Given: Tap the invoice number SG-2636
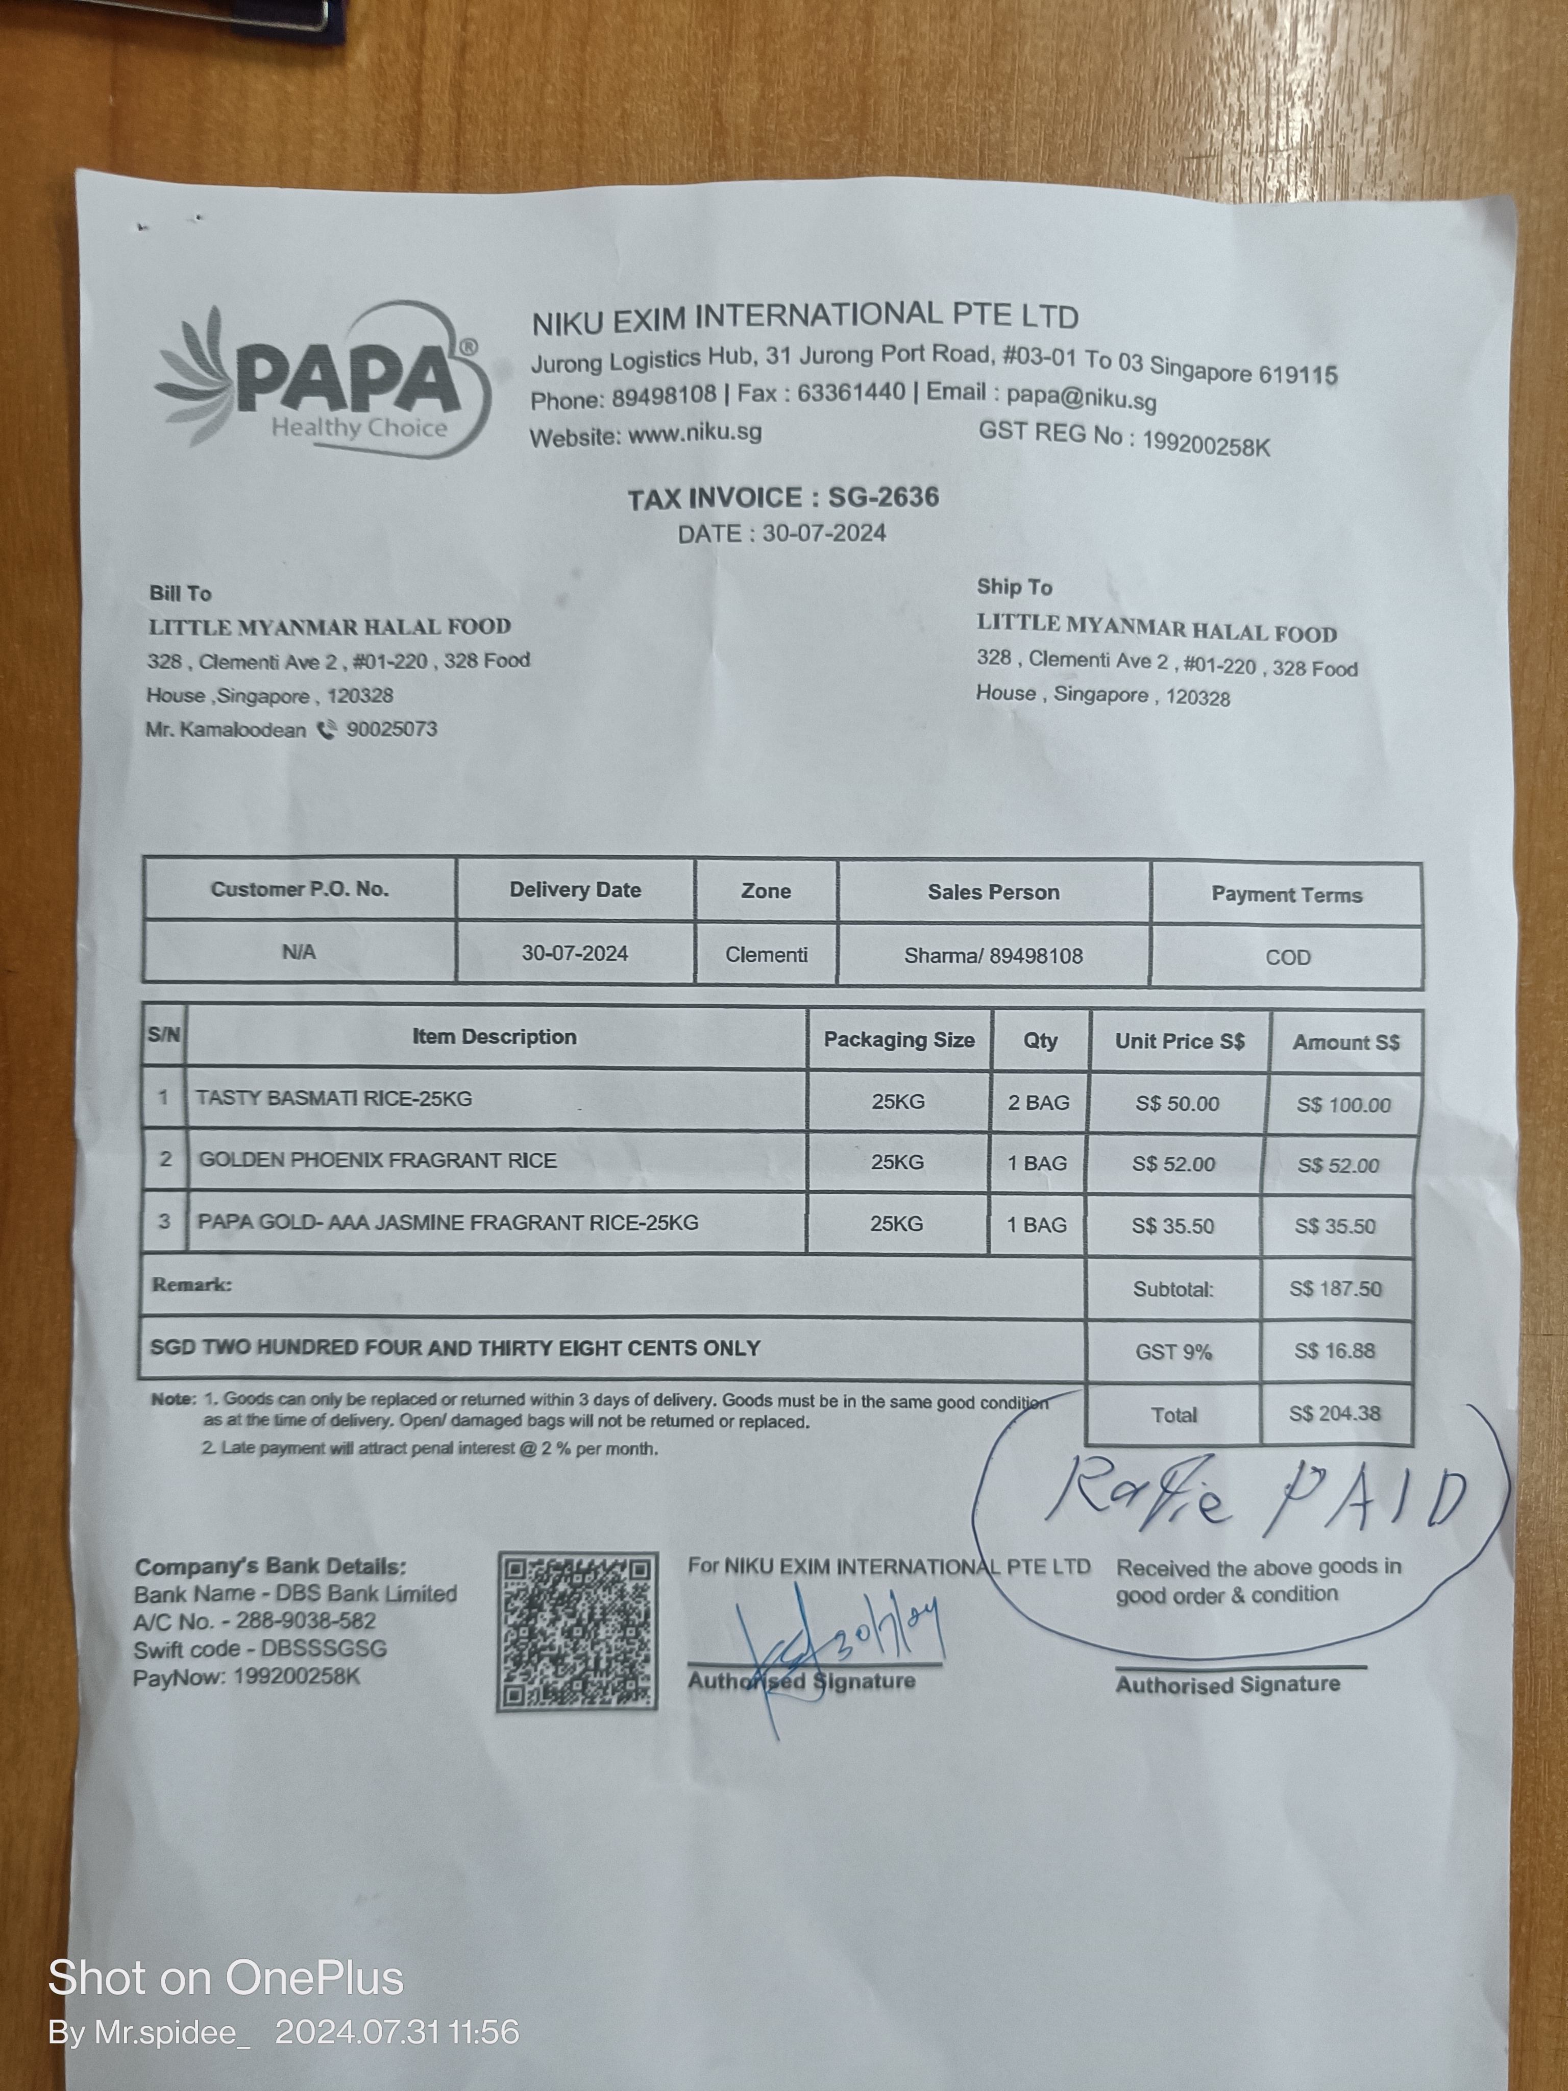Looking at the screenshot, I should [883, 497].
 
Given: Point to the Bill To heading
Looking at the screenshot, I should [180, 594].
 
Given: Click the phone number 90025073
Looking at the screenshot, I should [391, 729].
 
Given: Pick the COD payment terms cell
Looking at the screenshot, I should [1287, 957].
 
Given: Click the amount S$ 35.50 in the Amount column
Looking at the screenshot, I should [1335, 1226].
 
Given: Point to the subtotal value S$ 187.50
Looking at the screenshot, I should [1335, 1288].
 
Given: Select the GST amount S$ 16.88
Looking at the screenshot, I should [1335, 1351].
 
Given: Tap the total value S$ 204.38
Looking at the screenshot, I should [1335, 1413].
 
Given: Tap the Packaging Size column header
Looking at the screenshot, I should [898, 1040].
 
